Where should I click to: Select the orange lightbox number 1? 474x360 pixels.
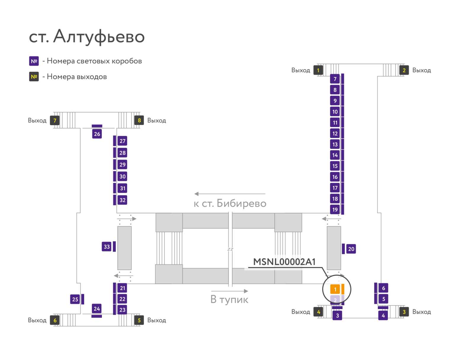335,289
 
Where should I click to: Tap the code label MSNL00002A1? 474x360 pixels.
284,262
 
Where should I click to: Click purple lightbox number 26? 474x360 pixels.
97,134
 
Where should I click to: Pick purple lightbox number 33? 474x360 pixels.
107,247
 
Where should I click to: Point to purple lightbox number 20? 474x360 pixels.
351,249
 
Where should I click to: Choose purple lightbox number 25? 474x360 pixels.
75,299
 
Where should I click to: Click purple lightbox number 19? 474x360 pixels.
335,209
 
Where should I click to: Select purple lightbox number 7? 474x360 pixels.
335,79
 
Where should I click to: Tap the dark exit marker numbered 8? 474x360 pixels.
139,120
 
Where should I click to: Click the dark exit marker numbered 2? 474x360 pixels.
404,70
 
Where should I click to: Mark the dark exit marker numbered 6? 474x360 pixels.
55,320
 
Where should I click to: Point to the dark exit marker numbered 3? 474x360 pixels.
404,312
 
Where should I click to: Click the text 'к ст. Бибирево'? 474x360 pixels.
230,203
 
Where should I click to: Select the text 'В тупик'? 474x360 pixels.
229,299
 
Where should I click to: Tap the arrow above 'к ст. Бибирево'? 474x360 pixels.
230,194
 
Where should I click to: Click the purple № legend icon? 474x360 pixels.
34,61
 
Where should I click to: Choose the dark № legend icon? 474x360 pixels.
34,76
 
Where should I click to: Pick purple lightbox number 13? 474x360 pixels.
335,144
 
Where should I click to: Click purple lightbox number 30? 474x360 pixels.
122,176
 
